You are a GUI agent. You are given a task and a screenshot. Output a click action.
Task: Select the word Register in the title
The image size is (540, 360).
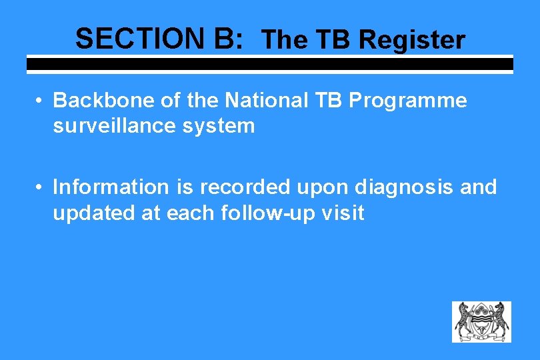412,40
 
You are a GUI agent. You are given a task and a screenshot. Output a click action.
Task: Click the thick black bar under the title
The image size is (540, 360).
269,65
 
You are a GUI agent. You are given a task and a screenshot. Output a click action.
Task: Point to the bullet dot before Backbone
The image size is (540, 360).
41,101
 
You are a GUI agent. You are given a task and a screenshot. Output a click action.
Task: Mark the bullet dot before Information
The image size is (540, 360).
41,187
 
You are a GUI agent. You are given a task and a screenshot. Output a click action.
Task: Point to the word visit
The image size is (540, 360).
343,213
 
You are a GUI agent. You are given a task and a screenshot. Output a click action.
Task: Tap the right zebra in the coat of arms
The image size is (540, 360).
499,321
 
